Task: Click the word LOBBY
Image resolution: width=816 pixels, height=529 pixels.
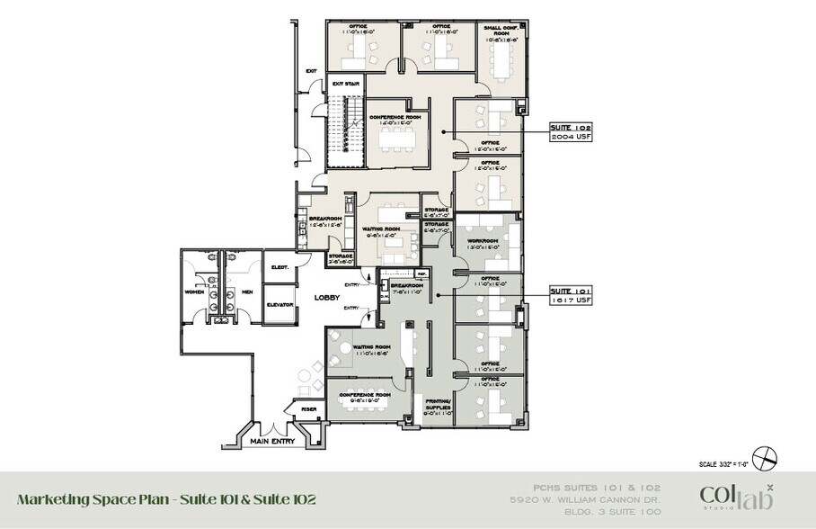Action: (x=325, y=298)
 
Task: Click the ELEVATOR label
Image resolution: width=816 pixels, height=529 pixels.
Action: (x=279, y=306)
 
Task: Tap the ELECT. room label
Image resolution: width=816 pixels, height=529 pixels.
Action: (x=279, y=267)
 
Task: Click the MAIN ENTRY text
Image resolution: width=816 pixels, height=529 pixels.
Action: (x=273, y=441)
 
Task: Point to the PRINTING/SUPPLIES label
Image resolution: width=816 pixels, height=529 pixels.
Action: (x=438, y=405)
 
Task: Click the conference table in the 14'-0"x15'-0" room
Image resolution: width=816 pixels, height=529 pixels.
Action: (x=395, y=138)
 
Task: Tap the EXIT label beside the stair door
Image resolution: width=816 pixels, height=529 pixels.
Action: (x=311, y=71)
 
